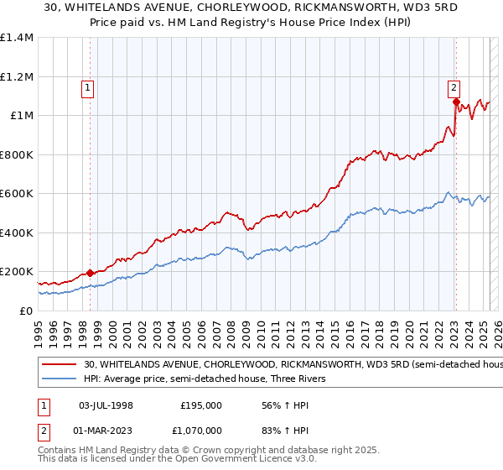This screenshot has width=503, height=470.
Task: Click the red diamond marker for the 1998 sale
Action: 90,273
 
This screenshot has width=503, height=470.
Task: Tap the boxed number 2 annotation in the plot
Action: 454,86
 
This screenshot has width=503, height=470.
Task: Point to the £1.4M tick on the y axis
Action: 17,38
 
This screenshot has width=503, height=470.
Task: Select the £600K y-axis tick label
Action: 17,194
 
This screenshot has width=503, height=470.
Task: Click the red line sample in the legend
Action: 60,365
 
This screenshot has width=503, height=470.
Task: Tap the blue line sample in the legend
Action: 60,379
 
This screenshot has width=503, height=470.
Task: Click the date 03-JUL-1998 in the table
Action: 106,405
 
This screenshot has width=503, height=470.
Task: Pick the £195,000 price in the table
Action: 201,405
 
